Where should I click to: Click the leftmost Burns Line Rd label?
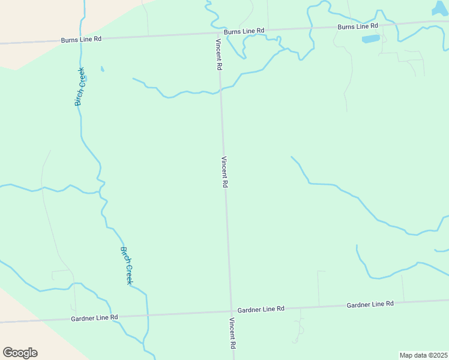tap(81, 40)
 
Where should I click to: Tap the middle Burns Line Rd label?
tap(244, 31)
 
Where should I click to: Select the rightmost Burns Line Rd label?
tap(358, 26)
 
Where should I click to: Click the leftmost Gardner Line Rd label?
tap(94, 317)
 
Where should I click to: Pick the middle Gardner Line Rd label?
tap(261, 309)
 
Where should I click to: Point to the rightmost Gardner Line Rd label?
tap(370, 305)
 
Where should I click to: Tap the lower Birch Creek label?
tap(126, 266)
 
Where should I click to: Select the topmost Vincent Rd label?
tap(219, 55)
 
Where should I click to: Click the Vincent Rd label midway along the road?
tap(224, 173)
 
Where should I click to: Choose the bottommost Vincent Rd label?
tap(232, 334)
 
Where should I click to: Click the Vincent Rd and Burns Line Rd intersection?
tap(218, 34)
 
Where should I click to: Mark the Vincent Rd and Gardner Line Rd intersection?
tap(231, 311)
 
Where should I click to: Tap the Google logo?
tap(20, 353)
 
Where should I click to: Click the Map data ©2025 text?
tap(423, 355)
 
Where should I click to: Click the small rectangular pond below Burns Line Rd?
tap(370, 40)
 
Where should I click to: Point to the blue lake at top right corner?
tap(440, 8)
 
